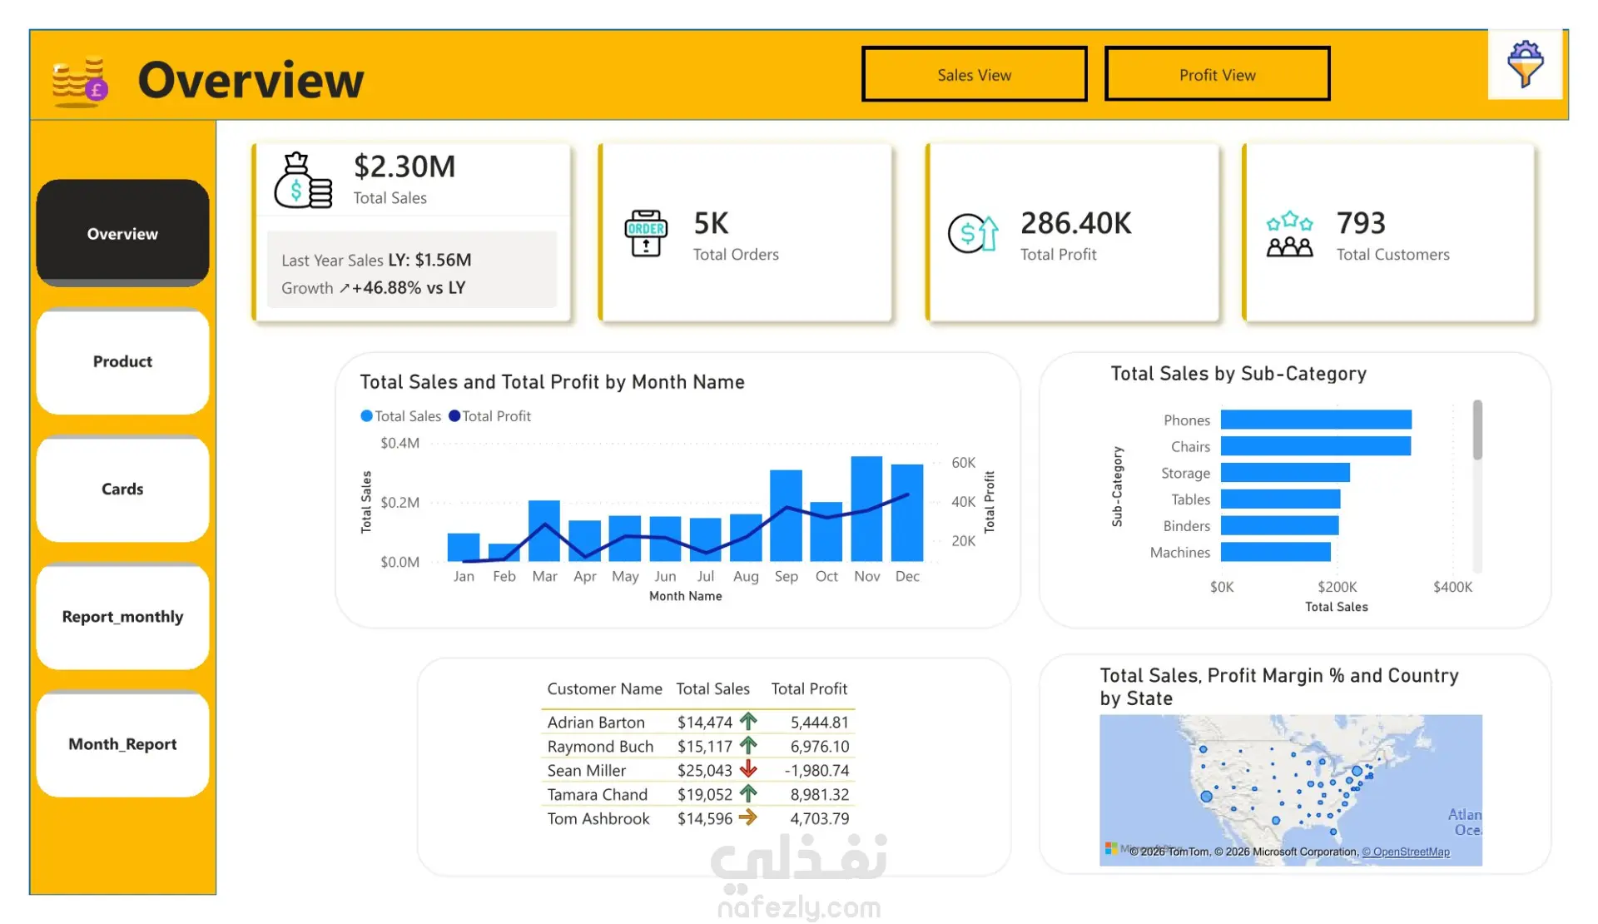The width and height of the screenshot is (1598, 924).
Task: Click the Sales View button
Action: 974,74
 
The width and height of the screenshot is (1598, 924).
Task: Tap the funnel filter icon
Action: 1525,64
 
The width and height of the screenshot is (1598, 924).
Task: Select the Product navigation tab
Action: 122,361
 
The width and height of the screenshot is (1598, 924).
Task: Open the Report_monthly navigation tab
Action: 122,617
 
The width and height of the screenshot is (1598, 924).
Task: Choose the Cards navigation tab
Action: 122,489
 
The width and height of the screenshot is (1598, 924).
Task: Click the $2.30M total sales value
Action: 404,166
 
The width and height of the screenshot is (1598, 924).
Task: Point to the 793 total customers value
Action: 1361,223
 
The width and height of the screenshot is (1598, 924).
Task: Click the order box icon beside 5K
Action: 646,233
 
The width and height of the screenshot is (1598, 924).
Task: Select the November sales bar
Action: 866,509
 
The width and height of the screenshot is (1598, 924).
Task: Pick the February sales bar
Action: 504,552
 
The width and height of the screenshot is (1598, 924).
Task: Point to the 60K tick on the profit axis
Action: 963,463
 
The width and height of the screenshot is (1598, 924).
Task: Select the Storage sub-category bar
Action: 1285,473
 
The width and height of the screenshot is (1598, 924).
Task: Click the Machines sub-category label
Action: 1179,553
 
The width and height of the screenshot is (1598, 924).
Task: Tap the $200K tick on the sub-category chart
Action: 1337,588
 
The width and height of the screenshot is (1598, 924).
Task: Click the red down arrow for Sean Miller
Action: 748,769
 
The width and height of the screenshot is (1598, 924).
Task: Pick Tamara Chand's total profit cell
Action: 819,795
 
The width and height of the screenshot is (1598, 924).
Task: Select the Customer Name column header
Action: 604,689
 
